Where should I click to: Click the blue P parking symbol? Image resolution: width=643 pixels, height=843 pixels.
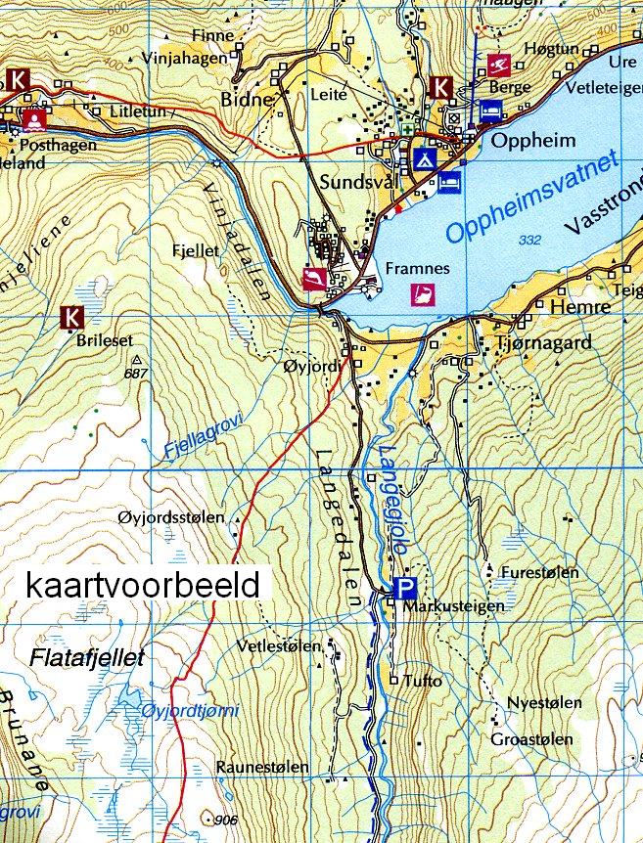[404, 588]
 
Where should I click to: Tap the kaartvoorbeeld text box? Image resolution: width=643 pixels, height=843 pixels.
[144, 585]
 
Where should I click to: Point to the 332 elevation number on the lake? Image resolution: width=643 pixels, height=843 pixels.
[531, 241]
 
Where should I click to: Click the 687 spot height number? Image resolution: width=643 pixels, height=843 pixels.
[136, 374]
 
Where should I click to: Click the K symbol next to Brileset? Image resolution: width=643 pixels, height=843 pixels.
[71, 317]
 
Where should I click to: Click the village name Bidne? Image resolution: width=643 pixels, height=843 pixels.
[249, 99]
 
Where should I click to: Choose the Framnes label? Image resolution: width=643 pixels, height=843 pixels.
[417, 268]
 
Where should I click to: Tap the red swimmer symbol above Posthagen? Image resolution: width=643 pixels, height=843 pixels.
[34, 121]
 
